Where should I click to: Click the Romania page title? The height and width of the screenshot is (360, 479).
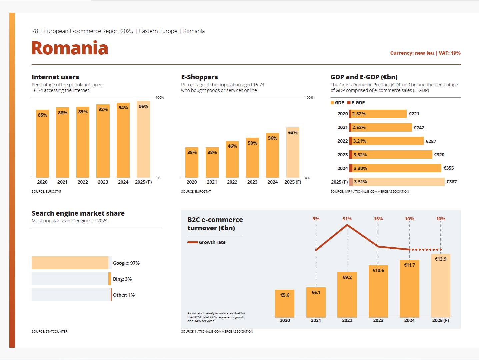[70, 48]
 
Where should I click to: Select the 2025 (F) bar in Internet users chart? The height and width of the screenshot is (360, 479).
[143, 140]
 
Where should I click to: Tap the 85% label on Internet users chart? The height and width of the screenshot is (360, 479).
[42, 115]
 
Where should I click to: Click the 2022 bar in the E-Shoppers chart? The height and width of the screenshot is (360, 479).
[232, 160]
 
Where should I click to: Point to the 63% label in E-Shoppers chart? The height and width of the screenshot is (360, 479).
[293, 132]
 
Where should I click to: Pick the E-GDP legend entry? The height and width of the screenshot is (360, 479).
[356, 103]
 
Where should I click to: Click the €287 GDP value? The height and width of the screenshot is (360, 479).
[431, 141]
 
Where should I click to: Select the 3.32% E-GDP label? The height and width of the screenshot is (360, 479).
[360, 155]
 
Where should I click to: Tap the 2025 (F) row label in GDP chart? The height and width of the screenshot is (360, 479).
[339, 182]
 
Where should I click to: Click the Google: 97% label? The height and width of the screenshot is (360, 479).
[126, 263]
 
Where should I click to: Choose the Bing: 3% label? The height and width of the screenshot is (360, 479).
[122, 279]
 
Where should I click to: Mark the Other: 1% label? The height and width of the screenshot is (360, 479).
[124, 295]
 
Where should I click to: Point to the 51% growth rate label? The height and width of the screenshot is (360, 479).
[347, 219]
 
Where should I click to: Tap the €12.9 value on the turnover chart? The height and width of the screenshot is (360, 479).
[440, 259]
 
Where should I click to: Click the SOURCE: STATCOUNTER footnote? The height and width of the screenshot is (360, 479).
[49, 331]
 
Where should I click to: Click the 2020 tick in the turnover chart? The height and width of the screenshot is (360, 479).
[285, 320]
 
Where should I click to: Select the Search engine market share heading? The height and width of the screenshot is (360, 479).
[78, 213]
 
